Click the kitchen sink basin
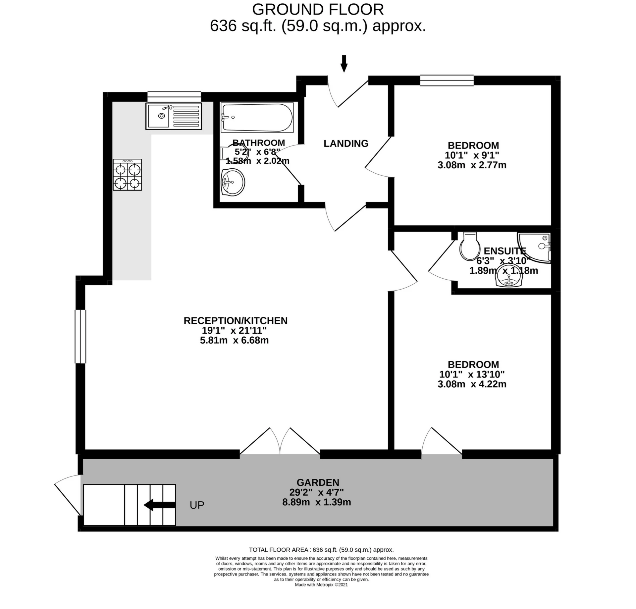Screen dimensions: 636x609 click(158, 116)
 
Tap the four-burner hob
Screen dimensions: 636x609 click(127, 175)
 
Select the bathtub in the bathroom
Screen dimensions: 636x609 click(257, 117)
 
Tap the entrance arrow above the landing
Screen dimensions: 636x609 click(344, 64)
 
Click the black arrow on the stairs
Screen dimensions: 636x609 click(159, 505)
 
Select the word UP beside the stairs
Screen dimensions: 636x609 click(197, 505)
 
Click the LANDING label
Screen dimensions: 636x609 click(346, 143)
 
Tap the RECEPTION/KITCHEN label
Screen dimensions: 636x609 click(236, 321)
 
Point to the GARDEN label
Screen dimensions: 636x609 click(318, 482)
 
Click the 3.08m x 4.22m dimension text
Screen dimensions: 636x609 click(472, 384)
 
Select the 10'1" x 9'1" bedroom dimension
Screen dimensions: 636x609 click(472, 155)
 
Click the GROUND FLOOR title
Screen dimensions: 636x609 click(318, 9)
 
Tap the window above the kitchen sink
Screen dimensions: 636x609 click(174, 96)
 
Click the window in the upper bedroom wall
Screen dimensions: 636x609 click(447, 81)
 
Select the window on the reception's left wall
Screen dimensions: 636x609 click(80, 337)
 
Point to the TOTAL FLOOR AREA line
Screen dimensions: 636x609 click(321, 550)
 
